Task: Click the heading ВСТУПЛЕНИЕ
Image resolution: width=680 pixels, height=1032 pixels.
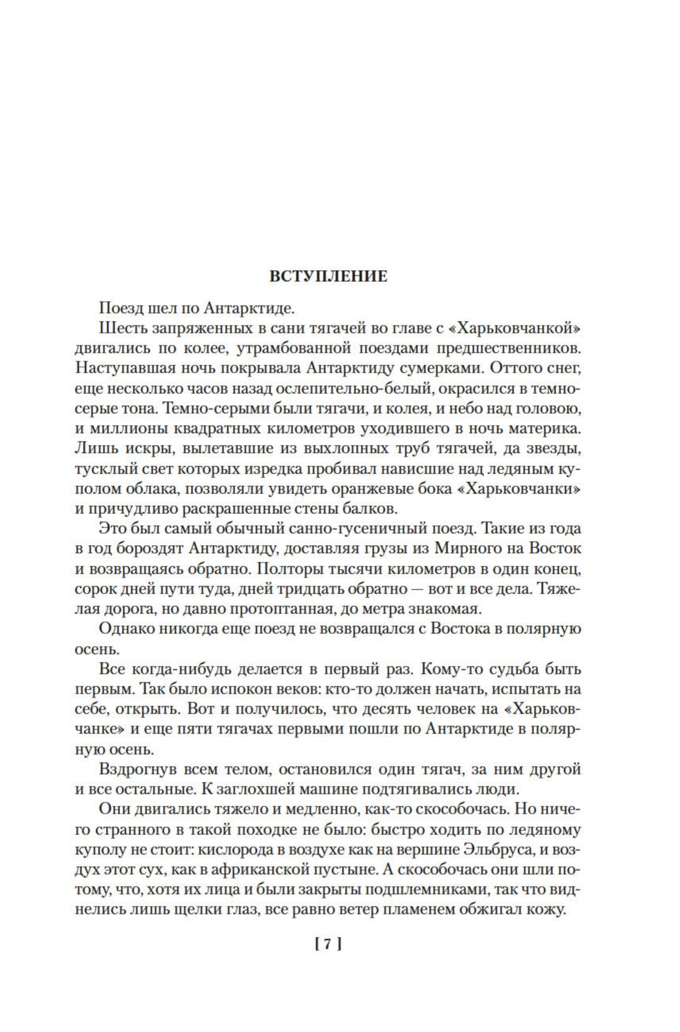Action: coord(328,276)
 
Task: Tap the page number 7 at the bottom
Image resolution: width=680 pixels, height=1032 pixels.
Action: coord(328,944)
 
